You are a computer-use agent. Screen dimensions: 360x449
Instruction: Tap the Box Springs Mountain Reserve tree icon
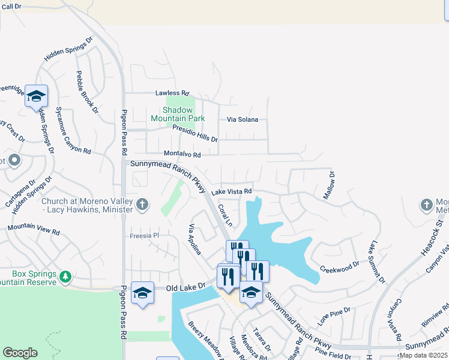click(65, 277)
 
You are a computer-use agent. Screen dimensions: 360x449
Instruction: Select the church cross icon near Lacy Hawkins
click(142, 205)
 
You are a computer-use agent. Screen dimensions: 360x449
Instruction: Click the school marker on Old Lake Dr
click(142, 292)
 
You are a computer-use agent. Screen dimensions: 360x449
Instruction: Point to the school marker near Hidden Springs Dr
click(37, 95)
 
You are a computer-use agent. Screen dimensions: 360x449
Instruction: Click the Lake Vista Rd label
click(231, 191)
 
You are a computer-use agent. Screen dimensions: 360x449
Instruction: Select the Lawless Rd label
click(172, 94)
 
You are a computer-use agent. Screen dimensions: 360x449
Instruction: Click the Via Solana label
click(242, 119)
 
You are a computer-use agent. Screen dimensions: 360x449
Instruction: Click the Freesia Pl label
click(144, 236)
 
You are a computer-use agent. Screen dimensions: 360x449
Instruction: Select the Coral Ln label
click(224, 215)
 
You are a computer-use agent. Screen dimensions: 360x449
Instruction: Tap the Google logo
click(20, 353)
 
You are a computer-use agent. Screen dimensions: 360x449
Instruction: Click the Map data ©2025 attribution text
click(424, 355)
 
